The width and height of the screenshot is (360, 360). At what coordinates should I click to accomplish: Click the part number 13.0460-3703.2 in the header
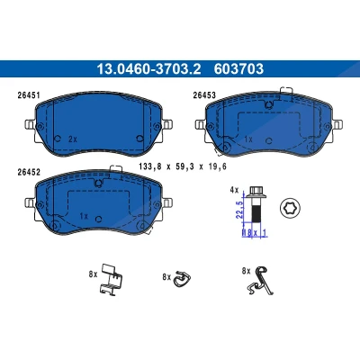(148, 69)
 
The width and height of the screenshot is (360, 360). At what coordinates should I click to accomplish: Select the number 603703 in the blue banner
(238, 69)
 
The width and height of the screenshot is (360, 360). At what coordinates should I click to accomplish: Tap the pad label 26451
(29, 95)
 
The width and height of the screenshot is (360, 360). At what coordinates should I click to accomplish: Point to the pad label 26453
(204, 95)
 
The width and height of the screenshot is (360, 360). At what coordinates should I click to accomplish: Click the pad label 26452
(29, 172)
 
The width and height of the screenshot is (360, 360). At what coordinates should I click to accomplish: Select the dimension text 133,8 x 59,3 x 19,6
(183, 166)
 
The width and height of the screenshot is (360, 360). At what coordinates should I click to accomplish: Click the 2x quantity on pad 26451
(73, 139)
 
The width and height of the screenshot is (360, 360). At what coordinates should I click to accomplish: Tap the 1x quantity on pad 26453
(248, 139)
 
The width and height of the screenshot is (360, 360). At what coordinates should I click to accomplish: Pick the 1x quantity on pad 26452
(84, 216)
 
